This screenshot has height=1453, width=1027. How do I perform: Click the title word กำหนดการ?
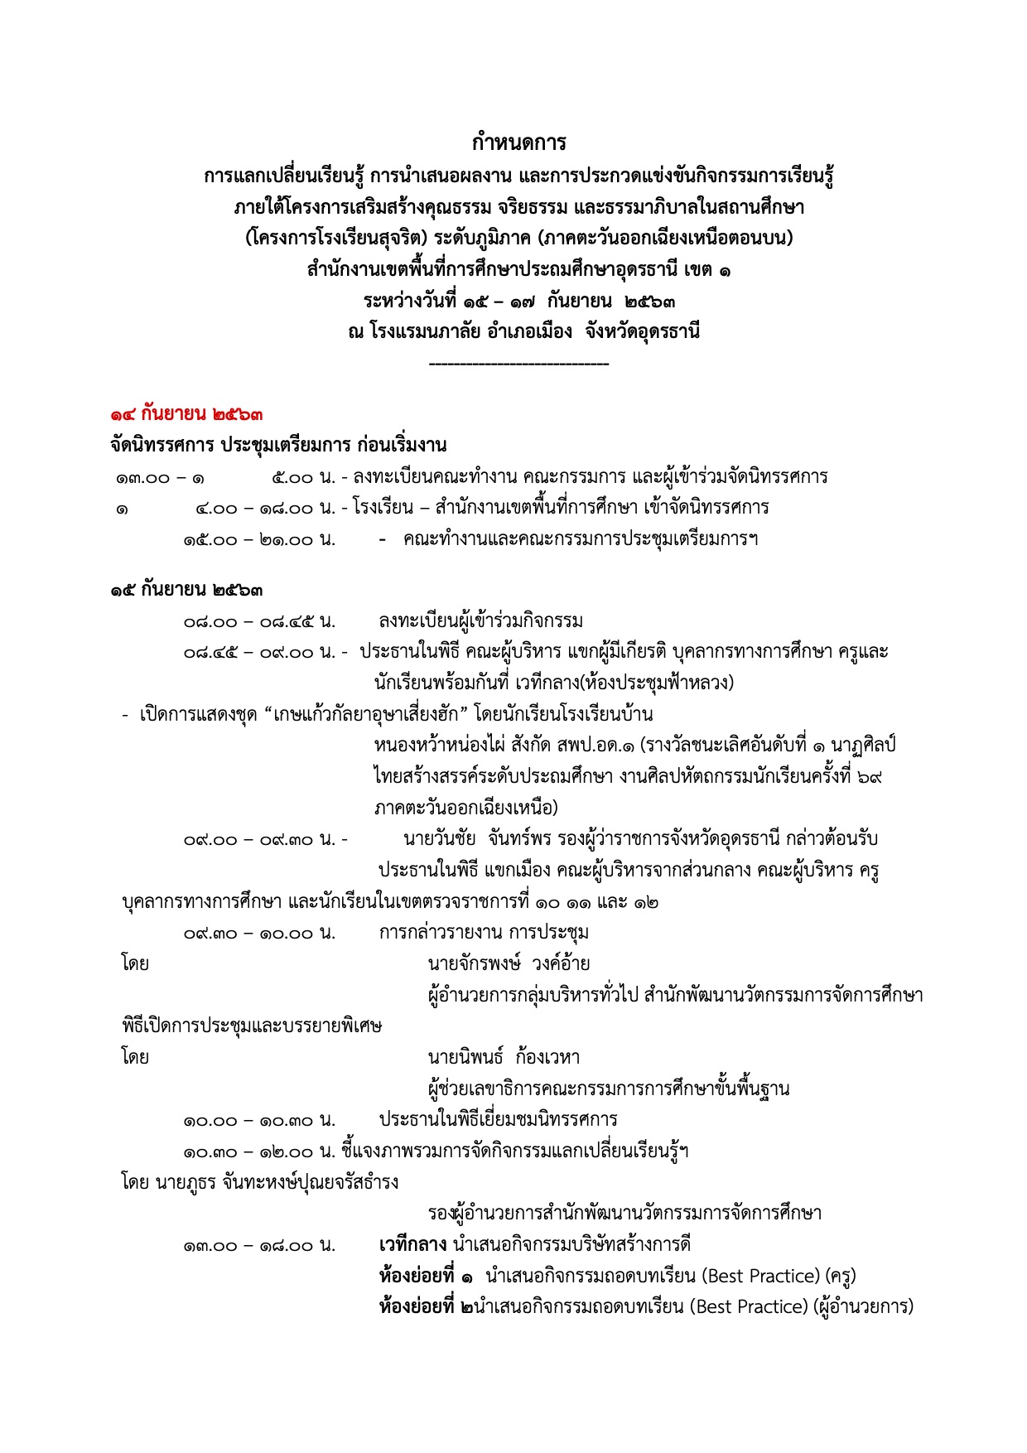click(519, 143)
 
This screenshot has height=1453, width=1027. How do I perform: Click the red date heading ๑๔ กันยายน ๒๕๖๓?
click(187, 413)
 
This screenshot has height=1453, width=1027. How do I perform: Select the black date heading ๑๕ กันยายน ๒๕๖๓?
click(187, 590)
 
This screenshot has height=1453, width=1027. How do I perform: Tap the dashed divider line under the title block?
click(519, 364)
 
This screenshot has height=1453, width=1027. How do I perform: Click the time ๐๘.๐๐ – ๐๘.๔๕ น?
click(259, 621)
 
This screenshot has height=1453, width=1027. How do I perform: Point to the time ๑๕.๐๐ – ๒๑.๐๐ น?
click(259, 540)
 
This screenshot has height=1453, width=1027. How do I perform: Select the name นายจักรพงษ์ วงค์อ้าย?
click(509, 963)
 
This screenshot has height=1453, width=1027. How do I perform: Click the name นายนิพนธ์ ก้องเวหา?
click(504, 1057)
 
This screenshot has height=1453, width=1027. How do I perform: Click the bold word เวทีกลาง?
click(412, 1244)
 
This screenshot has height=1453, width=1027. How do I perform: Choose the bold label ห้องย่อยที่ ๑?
click(427, 1276)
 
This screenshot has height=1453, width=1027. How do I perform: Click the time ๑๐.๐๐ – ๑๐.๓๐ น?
click(259, 1121)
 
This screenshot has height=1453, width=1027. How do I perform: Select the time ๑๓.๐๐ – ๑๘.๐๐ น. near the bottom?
click(259, 1245)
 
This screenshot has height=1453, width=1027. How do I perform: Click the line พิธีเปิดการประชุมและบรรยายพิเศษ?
click(252, 1026)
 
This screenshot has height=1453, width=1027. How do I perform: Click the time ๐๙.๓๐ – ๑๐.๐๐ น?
click(259, 934)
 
